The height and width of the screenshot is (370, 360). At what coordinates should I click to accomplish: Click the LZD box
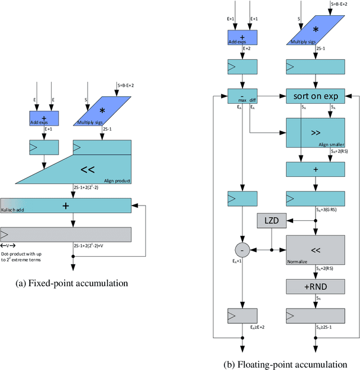coord(272,221)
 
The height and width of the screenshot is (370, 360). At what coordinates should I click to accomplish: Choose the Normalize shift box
coord(314,248)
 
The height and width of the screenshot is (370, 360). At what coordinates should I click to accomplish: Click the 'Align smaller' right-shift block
coord(314,135)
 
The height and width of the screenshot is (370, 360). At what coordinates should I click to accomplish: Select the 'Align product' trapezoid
coord(84,169)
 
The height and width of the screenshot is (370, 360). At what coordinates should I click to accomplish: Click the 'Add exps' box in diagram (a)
coord(44,118)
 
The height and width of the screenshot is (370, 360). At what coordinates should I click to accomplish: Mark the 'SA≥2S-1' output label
coord(329,327)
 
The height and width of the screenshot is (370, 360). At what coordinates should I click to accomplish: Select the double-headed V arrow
coord(8,246)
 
